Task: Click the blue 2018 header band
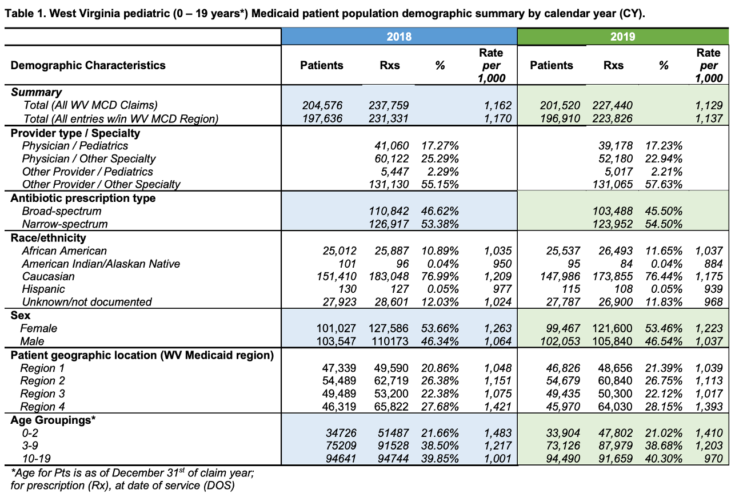click(399, 37)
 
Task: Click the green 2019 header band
click(623, 37)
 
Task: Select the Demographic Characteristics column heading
click(88, 65)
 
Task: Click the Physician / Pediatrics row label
click(75, 146)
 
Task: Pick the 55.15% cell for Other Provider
click(440, 184)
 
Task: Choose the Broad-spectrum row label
click(62, 211)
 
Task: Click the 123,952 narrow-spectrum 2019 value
click(613, 224)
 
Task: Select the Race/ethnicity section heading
click(49, 237)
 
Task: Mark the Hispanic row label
click(43, 289)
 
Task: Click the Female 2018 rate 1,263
click(497, 328)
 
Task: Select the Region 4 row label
click(43, 407)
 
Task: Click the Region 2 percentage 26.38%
click(440, 381)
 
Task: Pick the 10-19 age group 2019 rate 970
click(713, 458)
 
